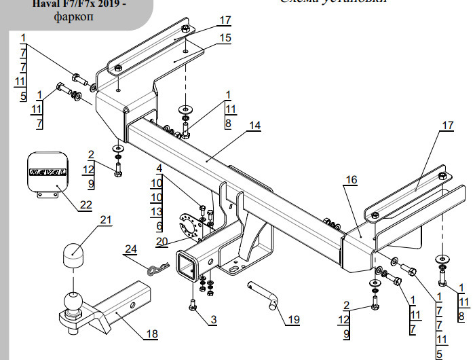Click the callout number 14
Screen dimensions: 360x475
coord(254,126)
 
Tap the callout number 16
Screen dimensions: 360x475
coord(350,179)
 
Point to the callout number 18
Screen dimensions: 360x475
coord(151,334)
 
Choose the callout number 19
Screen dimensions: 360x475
coord(293,319)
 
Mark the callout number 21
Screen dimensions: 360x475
coord(105,219)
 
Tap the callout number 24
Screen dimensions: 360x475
coord(130,250)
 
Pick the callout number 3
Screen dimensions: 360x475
coord(213,319)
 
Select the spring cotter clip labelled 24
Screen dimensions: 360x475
coord(157,270)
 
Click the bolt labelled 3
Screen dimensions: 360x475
coord(194,307)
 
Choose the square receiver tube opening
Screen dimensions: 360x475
coord(186,266)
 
